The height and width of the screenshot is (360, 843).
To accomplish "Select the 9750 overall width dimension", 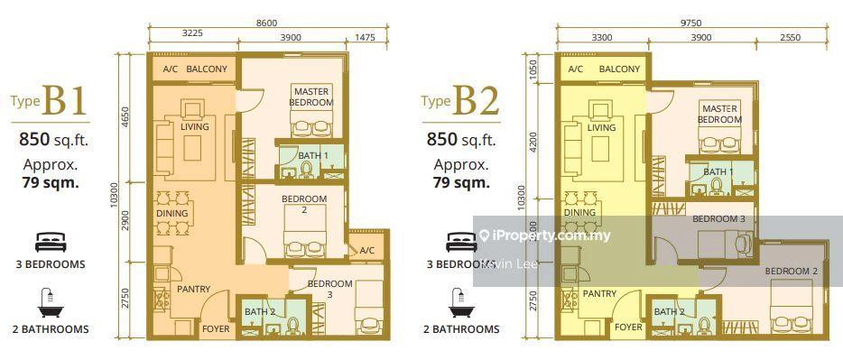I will [x=691, y=21].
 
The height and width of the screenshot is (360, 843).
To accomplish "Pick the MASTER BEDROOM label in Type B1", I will [x=311, y=97].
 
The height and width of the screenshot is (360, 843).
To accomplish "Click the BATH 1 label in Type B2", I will [x=718, y=171].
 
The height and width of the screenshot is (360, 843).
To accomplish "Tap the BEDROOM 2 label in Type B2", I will [x=791, y=271].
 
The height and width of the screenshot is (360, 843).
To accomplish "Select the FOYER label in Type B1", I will [x=215, y=329].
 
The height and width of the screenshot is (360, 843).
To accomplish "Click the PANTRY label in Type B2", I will [x=599, y=294].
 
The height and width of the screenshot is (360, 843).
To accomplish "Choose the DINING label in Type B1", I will [x=171, y=214].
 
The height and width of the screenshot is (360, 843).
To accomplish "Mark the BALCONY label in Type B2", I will [x=620, y=69].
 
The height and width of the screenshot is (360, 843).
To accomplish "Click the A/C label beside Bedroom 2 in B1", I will [x=366, y=251].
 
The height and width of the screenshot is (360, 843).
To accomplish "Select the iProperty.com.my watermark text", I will [x=545, y=235].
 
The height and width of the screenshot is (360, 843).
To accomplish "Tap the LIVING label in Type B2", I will [x=601, y=128].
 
